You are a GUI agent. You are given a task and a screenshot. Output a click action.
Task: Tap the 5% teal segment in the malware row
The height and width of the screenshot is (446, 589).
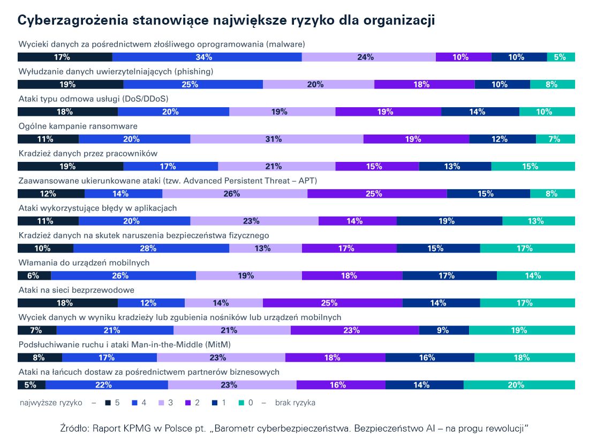[x=561, y=57]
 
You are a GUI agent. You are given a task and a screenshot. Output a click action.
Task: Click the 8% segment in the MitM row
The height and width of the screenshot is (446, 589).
[x=40, y=358]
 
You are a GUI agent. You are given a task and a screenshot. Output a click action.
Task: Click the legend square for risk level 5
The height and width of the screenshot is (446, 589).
[x=108, y=403]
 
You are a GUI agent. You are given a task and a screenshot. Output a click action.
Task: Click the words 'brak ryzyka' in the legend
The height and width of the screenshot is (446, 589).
[x=295, y=403]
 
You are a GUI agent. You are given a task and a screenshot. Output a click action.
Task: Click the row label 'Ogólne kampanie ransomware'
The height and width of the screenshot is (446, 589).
[x=78, y=127]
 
